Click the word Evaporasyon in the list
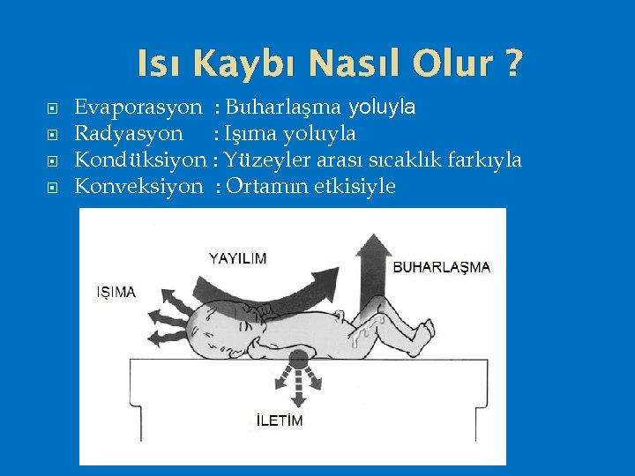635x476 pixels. [x=138, y=108]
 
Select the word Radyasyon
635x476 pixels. [x=129, y=134]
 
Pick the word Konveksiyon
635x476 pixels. [x=138, y=186]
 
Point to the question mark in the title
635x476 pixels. [x=512, y=63]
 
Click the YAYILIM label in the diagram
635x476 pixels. [x=237, y=258]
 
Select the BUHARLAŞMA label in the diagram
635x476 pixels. [x=441, y=266]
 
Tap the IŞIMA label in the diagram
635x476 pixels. [x=116, y=292]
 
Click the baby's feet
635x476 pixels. [x=422, y=333]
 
